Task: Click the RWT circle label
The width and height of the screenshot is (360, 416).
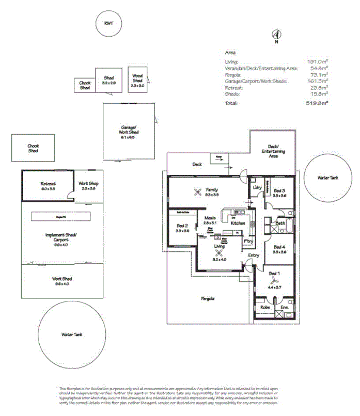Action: [108, 24]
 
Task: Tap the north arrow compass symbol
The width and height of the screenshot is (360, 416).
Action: [276, 35]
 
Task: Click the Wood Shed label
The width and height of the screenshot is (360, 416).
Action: [137, 78]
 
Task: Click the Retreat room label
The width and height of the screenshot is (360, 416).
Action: [48, 184]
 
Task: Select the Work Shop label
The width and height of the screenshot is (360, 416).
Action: [88, 184]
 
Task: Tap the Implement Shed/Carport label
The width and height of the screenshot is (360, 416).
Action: [60, 237]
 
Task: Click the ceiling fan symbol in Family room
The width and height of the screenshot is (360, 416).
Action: [197, 193]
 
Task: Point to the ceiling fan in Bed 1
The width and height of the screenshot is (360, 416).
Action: [273, 282]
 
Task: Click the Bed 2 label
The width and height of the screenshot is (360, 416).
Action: [182, 228]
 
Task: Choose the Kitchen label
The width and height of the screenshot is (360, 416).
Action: [238, 223]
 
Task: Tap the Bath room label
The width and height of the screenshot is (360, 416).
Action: [280, 223]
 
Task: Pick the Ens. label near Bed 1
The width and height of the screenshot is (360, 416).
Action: [285, 308]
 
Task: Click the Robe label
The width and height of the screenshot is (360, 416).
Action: [265, 308]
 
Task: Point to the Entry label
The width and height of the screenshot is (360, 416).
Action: [254, 256]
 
